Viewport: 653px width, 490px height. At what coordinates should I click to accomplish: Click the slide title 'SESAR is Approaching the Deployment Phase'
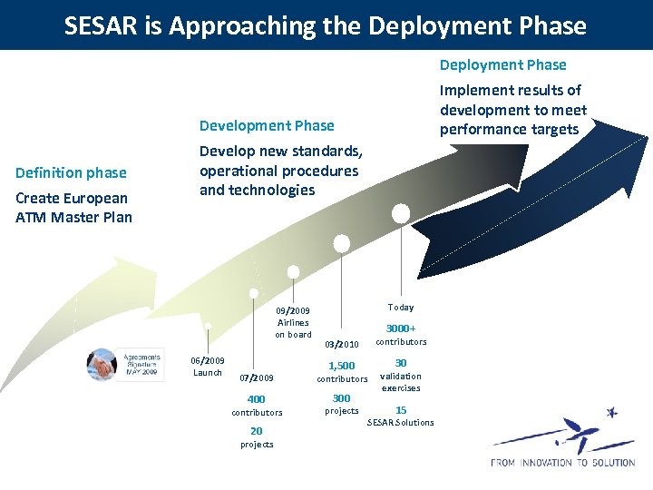(x=326, y=25)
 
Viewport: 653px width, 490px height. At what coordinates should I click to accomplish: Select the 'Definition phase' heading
(x=71, y=172)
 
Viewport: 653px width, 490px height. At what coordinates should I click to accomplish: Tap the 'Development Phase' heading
(x=267, y=125)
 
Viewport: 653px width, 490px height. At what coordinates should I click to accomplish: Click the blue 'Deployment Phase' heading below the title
(x=502, y=64)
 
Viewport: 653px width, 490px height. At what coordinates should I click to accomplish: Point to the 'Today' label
(x=400, y=308)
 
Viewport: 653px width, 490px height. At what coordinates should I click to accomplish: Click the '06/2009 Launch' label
(x=208, y=367)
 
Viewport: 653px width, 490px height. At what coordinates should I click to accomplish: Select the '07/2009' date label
(x=257, y=377)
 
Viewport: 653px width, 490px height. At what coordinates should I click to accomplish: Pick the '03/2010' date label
(x=342, y=344)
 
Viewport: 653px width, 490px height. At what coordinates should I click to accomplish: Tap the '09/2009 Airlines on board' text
(x=293, y=322)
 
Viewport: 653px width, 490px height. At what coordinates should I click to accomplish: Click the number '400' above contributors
(x=257, y=399)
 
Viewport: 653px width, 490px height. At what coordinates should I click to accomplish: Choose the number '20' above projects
(x=257, y=431)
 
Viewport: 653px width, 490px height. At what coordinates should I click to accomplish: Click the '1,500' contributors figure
(x=342, y=366)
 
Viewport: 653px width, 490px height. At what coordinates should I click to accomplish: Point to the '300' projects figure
(x=342, y=398)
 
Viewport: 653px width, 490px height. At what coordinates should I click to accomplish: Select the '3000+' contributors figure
(x=401, y=328)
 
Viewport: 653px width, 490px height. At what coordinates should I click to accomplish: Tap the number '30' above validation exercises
(x=401, y=362)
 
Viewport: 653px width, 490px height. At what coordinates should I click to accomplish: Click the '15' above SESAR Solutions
(x=401, y=409)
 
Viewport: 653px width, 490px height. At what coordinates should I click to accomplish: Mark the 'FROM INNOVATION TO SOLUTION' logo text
(x=562, y=463)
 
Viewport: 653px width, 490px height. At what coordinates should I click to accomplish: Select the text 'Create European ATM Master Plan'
(x=73, y=208)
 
